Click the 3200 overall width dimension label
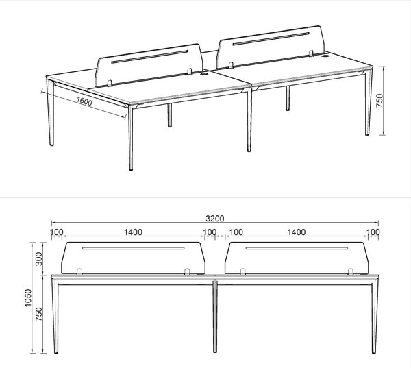tap(214, 218)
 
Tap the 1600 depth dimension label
tap(84, 101)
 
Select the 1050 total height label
tap(28, 297)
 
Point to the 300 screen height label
tap(38, 258)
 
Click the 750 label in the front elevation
tap(38, 315)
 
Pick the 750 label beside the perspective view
tap(379, 101)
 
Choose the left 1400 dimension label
tap(133, 232)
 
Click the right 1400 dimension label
tap(297, 232)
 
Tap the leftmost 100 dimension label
tap(57, 232)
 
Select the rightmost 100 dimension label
tap(373, 232)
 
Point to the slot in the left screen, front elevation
tap(133, 248)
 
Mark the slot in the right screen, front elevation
tap(297, 248)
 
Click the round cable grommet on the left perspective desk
tap(203, 74)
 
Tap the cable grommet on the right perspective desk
tap(326, 56)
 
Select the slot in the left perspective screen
tap(149, 56)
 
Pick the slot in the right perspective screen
tap(271, 38)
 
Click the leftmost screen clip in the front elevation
tap(79, 271)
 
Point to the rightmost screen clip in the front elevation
tap(351, 271)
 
